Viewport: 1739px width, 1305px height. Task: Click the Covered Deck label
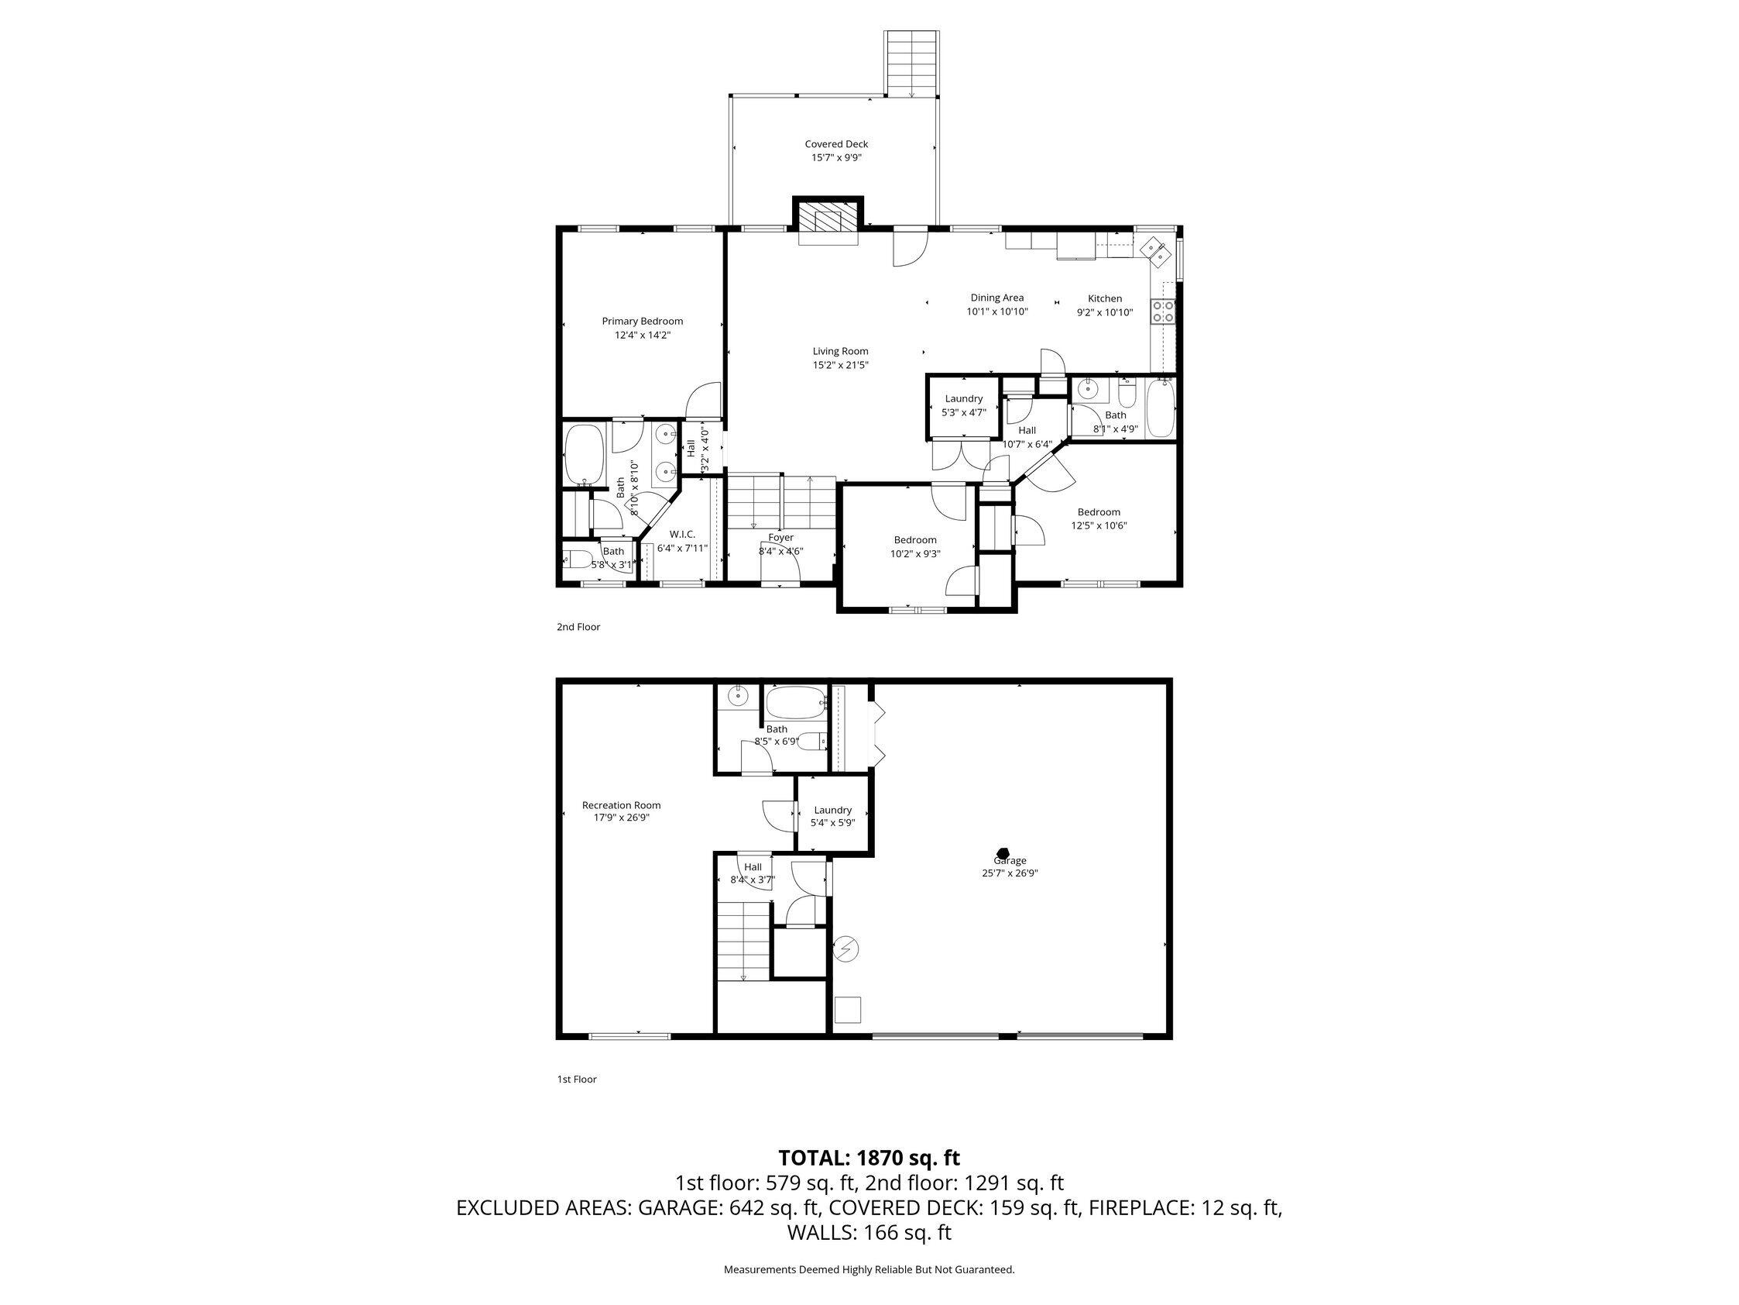click(x=835, y=145)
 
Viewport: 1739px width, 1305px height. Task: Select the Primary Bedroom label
click(x=643, y=321)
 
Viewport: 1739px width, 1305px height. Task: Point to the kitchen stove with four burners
click(x=1163, y=312)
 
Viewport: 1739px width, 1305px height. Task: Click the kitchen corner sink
click(x=1154, y=250)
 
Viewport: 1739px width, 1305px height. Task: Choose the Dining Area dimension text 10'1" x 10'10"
click(x=996, y=312)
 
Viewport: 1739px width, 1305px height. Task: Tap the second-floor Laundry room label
click(x=964, y=399)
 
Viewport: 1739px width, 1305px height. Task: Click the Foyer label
click(x=780, y=537)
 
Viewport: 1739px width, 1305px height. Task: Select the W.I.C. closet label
click(x=682, y=534)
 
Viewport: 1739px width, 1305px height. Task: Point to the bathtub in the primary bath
click(x=583, y=455)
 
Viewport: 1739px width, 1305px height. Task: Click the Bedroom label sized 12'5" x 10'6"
click(x=1098, y=512)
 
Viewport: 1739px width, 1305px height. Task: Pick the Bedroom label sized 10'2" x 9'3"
click(x=915, y=539)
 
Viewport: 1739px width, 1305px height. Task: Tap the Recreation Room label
click(x=621, y=804)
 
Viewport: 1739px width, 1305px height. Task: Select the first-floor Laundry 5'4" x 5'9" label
click(x=832, y=811)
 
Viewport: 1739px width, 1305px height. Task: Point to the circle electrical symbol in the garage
click(x=847, y=950)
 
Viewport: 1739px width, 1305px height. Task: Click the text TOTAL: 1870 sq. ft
click(x=869, y=1158)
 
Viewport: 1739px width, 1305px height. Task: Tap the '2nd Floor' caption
click(x=578, y=627)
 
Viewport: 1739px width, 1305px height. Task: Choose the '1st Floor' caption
click(x=577, y=1079)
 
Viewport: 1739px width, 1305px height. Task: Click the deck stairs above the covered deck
click(x=911, y=63)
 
